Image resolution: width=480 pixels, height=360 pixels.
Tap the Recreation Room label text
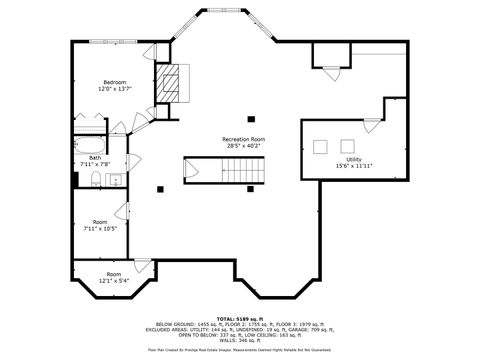tap(243, 139)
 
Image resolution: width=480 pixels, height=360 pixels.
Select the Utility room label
tap(354, 159)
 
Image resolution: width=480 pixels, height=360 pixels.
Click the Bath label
tap(95, 158)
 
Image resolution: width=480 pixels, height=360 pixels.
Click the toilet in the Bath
tap(89, 179)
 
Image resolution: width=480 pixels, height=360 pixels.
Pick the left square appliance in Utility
tap(320, 147)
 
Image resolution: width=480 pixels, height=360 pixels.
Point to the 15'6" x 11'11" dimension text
tap(354, 166)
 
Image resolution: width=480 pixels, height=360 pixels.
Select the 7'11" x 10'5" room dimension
tap(100, 229)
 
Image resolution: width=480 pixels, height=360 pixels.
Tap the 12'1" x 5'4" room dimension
tap(113, 280)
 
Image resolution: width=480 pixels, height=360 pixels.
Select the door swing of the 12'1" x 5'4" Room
tap(144, 265)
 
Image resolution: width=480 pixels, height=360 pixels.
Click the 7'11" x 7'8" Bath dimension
tap(95, 165)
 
